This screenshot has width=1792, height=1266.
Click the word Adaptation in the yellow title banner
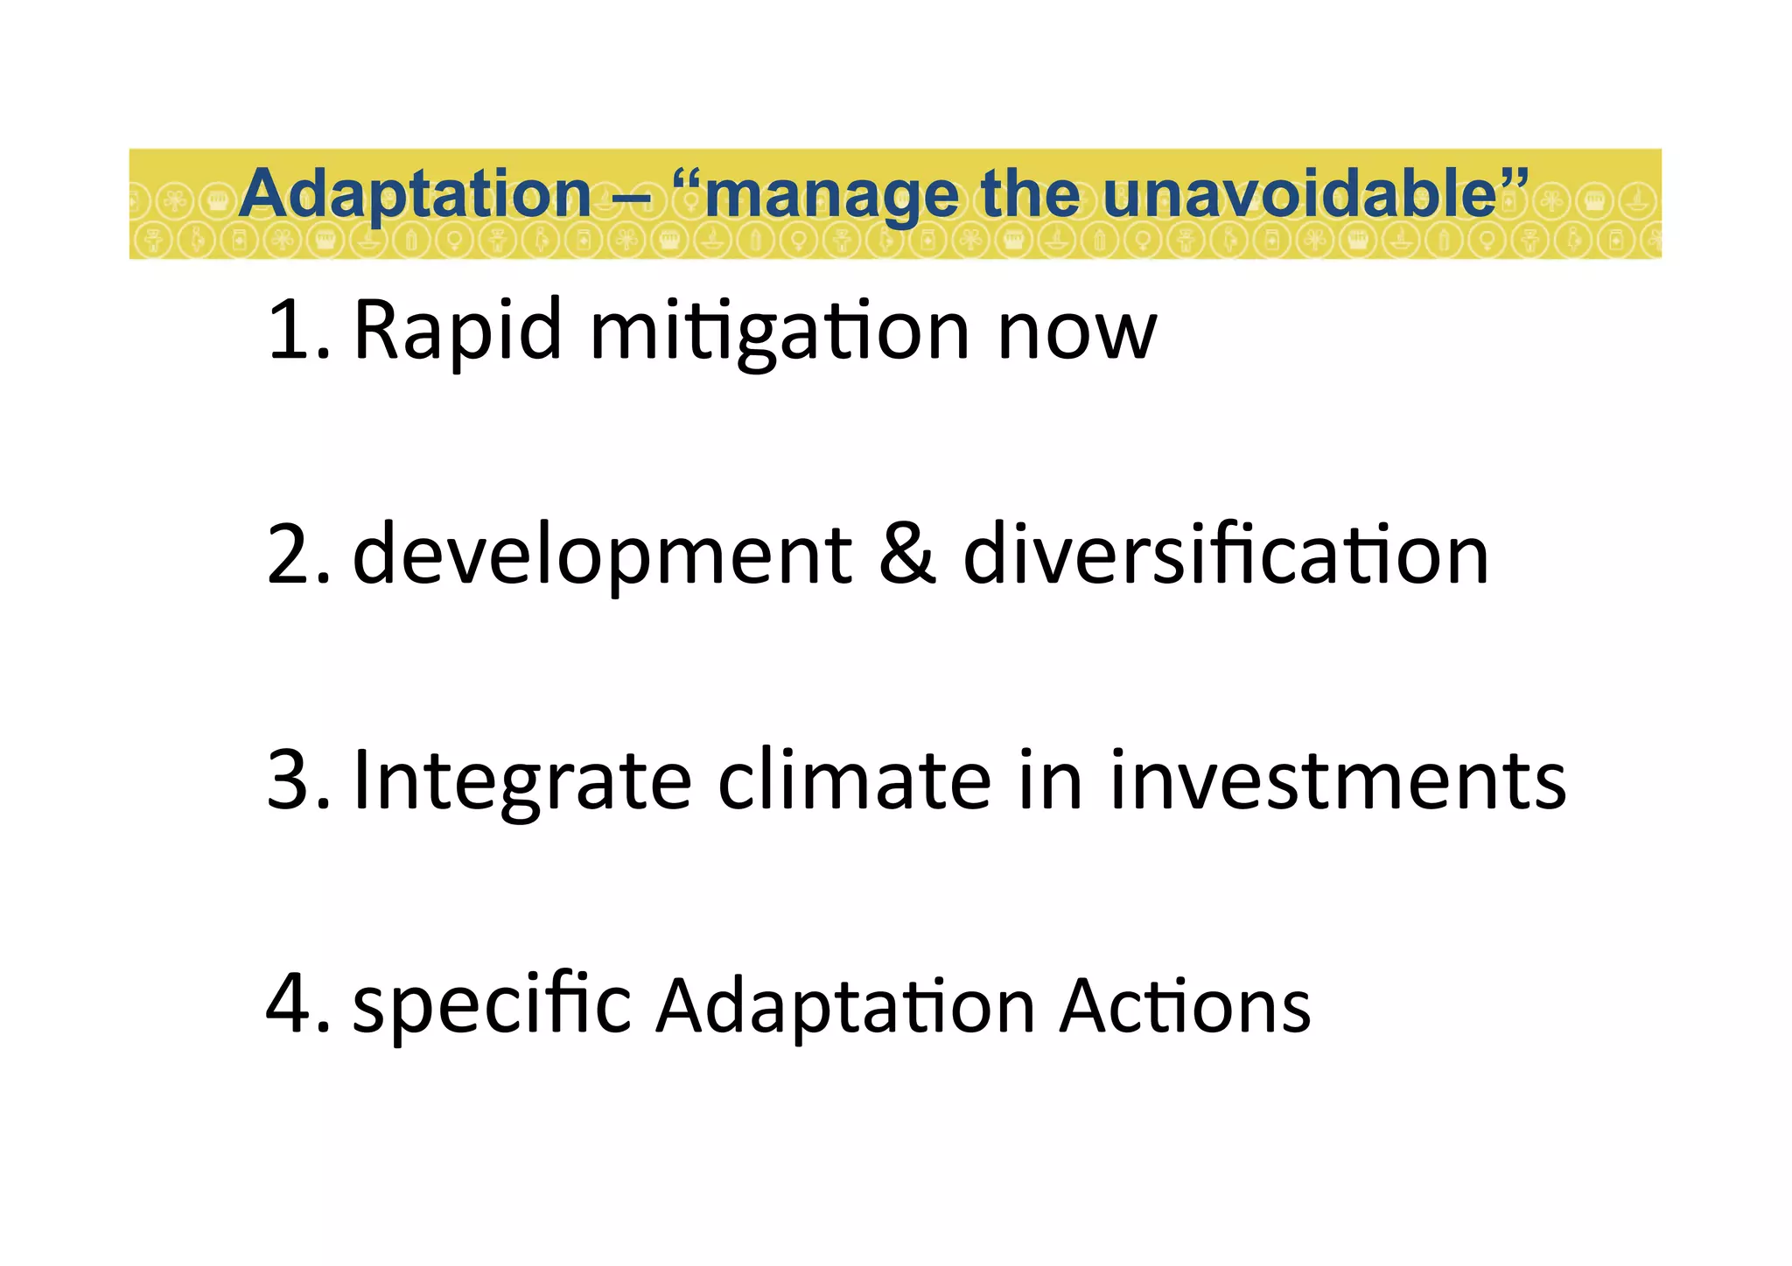[x=416, y=194]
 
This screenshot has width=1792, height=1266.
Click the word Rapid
[x=457, y=331]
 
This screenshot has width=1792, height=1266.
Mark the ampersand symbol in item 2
[x=906, y=556]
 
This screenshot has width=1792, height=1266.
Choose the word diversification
[x=1225, y=556]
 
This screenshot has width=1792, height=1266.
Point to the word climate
[x=854, y=780]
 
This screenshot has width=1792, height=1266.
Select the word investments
[x=1338, y=780]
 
